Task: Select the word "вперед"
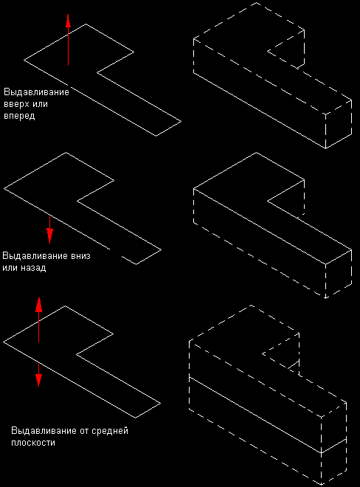(x=19, y=116)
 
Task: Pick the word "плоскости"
(x=33, y=442)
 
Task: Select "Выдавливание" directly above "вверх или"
(x=36, y=92)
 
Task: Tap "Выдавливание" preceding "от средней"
(x=43, y=431)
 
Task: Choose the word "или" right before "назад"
(x=10, y=267)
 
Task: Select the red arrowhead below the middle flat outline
(x=49, y=236)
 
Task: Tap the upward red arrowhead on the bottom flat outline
(x=38, y=304)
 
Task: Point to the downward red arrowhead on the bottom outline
(x=38, y=380)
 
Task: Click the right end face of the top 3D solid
(x=339, y=124)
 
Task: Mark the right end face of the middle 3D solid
(x=339, y=274)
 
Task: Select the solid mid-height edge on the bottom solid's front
(x=255, y=415)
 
